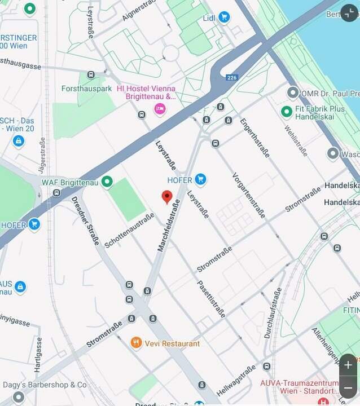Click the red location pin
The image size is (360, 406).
(x=166, y=196)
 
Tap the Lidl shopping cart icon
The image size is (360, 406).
(x=224, y=17)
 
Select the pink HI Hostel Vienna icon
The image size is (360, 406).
(x=160, y=108)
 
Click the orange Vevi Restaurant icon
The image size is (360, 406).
(x=136, y=343)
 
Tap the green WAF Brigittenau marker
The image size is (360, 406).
(x=107, y=182)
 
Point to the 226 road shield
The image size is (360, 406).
(x=232, y=77)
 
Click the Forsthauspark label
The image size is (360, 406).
(x=86, y=89)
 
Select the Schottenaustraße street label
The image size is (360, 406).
(x=129, y=230)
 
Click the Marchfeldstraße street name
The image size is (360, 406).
(x=169, y=225)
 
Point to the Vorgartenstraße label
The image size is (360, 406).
(x=248, y=195)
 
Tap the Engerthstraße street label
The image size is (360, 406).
(x=254, y=138)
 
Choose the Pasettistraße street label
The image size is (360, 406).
(x=212, y=299)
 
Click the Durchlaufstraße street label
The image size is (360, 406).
(x=273, y=313)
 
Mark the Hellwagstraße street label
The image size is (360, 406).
(x=236, y=381)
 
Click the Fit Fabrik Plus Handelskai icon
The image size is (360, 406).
(x=287, y=112)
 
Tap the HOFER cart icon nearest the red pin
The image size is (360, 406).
(x=200, y=180)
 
